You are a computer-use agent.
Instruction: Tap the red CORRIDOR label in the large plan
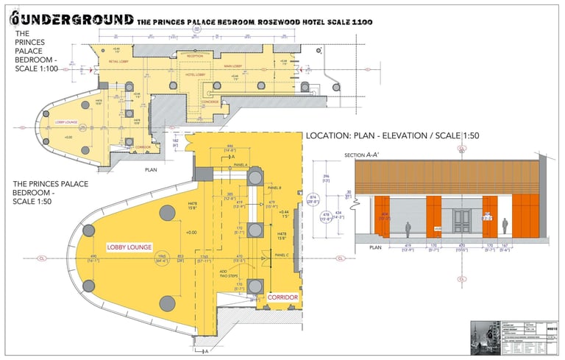point(282,297)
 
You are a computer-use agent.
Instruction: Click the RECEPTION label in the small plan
point(195,56)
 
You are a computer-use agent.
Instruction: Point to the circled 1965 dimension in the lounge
point(162,256)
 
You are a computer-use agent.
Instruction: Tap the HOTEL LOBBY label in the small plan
point(195,75)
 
